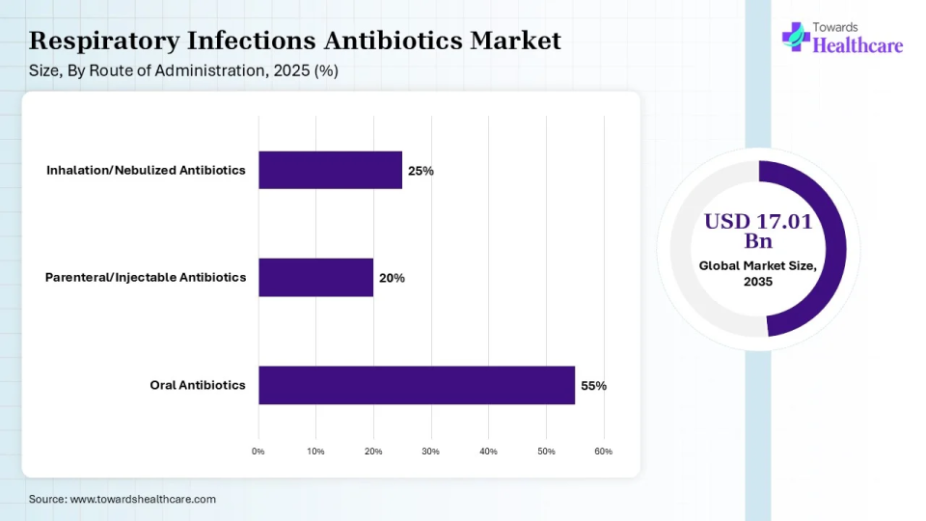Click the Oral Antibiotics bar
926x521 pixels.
416,385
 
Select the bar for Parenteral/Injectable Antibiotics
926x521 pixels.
315,277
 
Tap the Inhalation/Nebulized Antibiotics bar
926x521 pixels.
330,170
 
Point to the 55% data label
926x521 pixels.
593,385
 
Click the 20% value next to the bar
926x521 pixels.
392,278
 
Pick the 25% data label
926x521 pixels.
421,171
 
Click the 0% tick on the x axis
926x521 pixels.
258,452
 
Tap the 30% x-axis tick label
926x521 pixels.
430,452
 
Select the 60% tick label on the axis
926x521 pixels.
603,452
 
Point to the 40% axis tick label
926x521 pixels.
488,452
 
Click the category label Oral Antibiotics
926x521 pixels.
198,385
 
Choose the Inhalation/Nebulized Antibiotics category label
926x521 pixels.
146,171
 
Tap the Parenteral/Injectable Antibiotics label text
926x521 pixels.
146,278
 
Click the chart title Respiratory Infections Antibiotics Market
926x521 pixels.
295,41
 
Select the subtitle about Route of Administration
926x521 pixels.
183,70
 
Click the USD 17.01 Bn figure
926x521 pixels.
757,231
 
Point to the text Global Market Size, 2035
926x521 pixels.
757,273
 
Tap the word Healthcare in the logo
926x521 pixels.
858,44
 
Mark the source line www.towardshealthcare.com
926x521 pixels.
123,499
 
